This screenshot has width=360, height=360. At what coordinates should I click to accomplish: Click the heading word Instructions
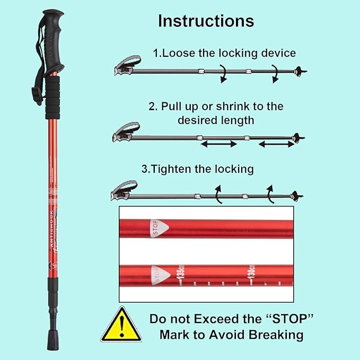tap(206, 21)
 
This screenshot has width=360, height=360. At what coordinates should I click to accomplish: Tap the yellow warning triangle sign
tap(121, 326)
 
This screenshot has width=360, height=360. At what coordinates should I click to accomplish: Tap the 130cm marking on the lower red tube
tap(248, 275)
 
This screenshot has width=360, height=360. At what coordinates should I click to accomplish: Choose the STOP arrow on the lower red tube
tap(157, 275)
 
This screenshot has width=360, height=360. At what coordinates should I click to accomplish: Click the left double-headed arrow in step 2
tap(218, 144)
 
